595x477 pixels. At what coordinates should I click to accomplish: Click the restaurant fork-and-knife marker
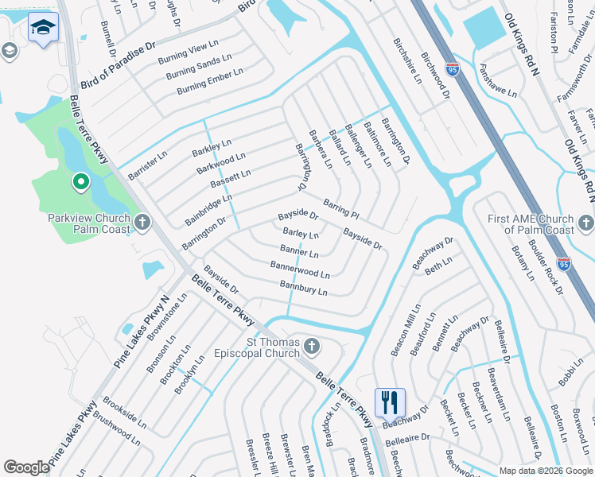coord(389,401)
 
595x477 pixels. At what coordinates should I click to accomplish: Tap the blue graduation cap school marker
coord(42,29)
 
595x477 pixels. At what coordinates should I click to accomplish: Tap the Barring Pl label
coord(341,210)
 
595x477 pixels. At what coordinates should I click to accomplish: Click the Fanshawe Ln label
coord(497,82)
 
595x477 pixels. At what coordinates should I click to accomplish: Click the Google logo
coord(26,467)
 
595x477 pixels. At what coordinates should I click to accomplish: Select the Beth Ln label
coord(438,266)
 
